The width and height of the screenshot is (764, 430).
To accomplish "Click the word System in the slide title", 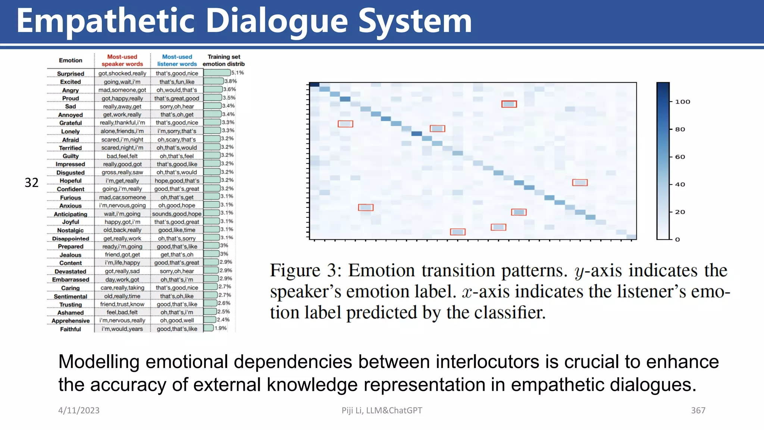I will point(415,22).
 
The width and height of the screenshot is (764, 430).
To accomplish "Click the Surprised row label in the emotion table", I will point(71,74).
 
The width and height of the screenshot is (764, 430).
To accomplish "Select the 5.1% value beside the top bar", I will point(238,73).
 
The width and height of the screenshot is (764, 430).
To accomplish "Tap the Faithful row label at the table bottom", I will point(71,329).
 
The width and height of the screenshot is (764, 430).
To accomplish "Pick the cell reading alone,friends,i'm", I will point(122,131).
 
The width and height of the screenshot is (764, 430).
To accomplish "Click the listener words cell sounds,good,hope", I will point(176,214).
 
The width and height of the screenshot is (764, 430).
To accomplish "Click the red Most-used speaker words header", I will point(122,60).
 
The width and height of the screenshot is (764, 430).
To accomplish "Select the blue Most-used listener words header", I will point(177,60).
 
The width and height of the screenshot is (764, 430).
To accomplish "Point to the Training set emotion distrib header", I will point(223,60).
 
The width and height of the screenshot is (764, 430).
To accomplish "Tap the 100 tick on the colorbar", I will point(682,102).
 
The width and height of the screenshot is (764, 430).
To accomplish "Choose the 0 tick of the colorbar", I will point(677,239).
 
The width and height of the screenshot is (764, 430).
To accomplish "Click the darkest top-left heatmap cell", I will point(314,85).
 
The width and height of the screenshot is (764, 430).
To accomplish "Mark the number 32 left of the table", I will point(31,183).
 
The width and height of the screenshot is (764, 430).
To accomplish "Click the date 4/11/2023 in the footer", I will point(79,410).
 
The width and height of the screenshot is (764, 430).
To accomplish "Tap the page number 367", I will point(698,410).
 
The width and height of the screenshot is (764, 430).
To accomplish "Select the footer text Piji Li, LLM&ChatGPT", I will point(382,410).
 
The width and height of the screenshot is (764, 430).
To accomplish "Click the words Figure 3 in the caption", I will point(306,270).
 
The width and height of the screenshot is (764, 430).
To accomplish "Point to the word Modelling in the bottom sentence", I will point(98,362).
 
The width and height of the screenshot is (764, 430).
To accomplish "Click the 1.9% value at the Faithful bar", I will point(221,328).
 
